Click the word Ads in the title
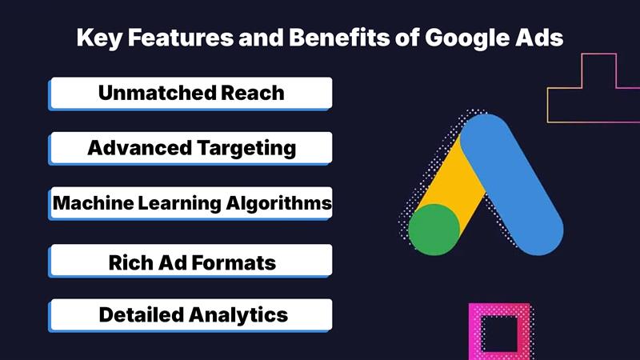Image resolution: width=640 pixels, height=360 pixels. pos(544,38)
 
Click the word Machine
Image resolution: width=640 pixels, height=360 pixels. pos(90,204)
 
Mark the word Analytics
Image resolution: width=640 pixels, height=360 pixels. pos(238,315)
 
